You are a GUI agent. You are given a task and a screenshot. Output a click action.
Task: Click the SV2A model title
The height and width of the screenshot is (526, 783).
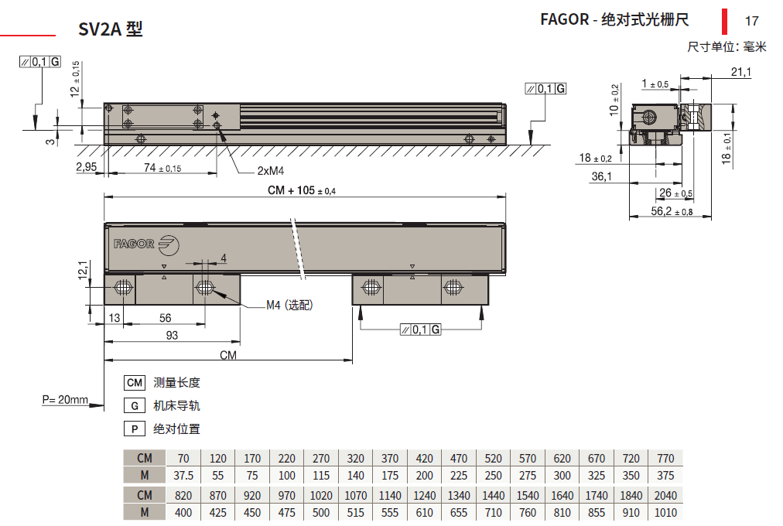[x=111, y=29]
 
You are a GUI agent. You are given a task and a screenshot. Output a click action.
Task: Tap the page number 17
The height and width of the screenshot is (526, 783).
[x=751, y=21]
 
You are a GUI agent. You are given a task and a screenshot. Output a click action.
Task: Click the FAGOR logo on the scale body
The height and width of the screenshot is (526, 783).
[x=146, y=244]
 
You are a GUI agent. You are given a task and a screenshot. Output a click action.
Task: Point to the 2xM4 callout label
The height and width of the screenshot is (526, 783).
[x=271, y=171]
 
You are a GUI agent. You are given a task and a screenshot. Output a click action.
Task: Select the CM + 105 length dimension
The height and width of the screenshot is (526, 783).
[x=302, y=190]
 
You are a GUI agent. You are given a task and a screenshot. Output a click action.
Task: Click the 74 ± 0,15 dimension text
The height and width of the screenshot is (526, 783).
[x=162, y=168]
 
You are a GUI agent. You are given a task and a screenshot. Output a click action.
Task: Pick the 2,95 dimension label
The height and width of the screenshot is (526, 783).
[x=87, y=166]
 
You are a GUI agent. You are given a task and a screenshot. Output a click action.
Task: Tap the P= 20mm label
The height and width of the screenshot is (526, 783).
[x=65, y=400]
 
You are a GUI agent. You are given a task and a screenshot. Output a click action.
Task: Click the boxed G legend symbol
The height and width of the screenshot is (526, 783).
[x=135, y=406]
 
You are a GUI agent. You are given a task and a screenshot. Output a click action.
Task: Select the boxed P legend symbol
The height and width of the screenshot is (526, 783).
[x=135, y=429]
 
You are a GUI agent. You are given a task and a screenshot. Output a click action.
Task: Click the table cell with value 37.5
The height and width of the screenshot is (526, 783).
[x=183, y=476]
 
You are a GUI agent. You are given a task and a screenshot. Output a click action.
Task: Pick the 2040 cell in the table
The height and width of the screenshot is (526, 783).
[x=665, y=496]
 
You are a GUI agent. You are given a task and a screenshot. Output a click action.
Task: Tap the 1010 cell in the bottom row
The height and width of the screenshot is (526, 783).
[x=665, y=513]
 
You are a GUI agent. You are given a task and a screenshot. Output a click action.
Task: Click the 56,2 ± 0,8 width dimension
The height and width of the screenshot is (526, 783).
[x=672, y=211]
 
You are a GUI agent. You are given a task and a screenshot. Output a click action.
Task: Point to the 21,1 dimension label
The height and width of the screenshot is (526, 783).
[x=741, y=72]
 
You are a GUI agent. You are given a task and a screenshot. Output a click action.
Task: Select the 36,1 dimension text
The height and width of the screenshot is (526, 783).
[x=602, y=176]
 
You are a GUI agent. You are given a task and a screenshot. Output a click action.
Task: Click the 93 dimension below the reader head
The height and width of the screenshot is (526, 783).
[x=172, y=336]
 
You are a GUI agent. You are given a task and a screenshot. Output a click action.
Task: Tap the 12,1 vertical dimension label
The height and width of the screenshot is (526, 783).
[x=83, y=270]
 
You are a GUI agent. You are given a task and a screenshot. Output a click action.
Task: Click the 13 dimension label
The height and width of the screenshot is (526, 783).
[x=115, y=318]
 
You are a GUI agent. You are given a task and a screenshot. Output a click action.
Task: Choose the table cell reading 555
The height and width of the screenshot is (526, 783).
[x=390, y=513]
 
